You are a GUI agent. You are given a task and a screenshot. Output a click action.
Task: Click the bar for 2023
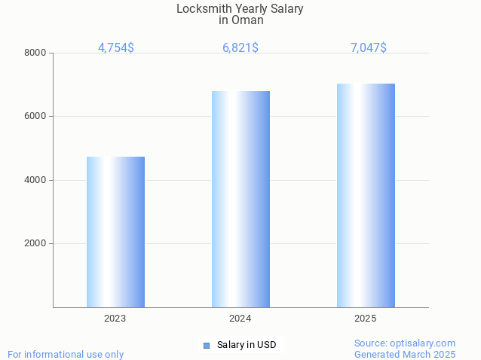click(x=115, y=232)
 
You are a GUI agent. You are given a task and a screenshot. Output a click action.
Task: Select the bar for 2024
click(x=240, y=199)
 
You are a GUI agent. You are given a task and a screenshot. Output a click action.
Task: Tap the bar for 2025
click(x=366, y=195)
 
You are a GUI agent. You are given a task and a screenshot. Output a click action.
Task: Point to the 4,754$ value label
click(x=116, y=47)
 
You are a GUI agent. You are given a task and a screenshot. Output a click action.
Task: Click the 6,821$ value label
click(x=240, y=47)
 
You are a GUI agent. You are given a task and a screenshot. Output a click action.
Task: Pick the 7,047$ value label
click(x=369, y=47)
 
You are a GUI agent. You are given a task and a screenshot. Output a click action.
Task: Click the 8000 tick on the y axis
click(x=35, y=53)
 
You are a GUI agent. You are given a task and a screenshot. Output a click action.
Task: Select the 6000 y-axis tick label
click(x=35, y=117)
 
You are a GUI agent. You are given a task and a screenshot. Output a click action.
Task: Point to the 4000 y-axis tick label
click(x=35, y=180)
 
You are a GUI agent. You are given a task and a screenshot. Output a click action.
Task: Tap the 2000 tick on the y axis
click(x=35, y=244)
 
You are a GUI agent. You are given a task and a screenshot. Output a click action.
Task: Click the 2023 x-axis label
click(x=115, y=319)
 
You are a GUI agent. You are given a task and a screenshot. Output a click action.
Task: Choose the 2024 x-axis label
click(x=240, y=319)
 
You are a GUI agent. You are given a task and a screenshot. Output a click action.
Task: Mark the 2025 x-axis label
click(x=366, y=319)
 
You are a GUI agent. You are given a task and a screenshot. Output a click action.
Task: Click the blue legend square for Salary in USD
click(x=206, y=345)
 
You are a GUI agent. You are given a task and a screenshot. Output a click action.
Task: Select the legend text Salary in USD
click(x=247, y=345)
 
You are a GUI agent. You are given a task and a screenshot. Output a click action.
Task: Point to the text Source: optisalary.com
click(x=405, y=343)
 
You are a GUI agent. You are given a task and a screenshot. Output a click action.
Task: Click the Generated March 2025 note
click(x=405, y=354)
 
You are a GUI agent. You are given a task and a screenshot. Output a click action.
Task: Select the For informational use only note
click(x=66, y=354)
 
